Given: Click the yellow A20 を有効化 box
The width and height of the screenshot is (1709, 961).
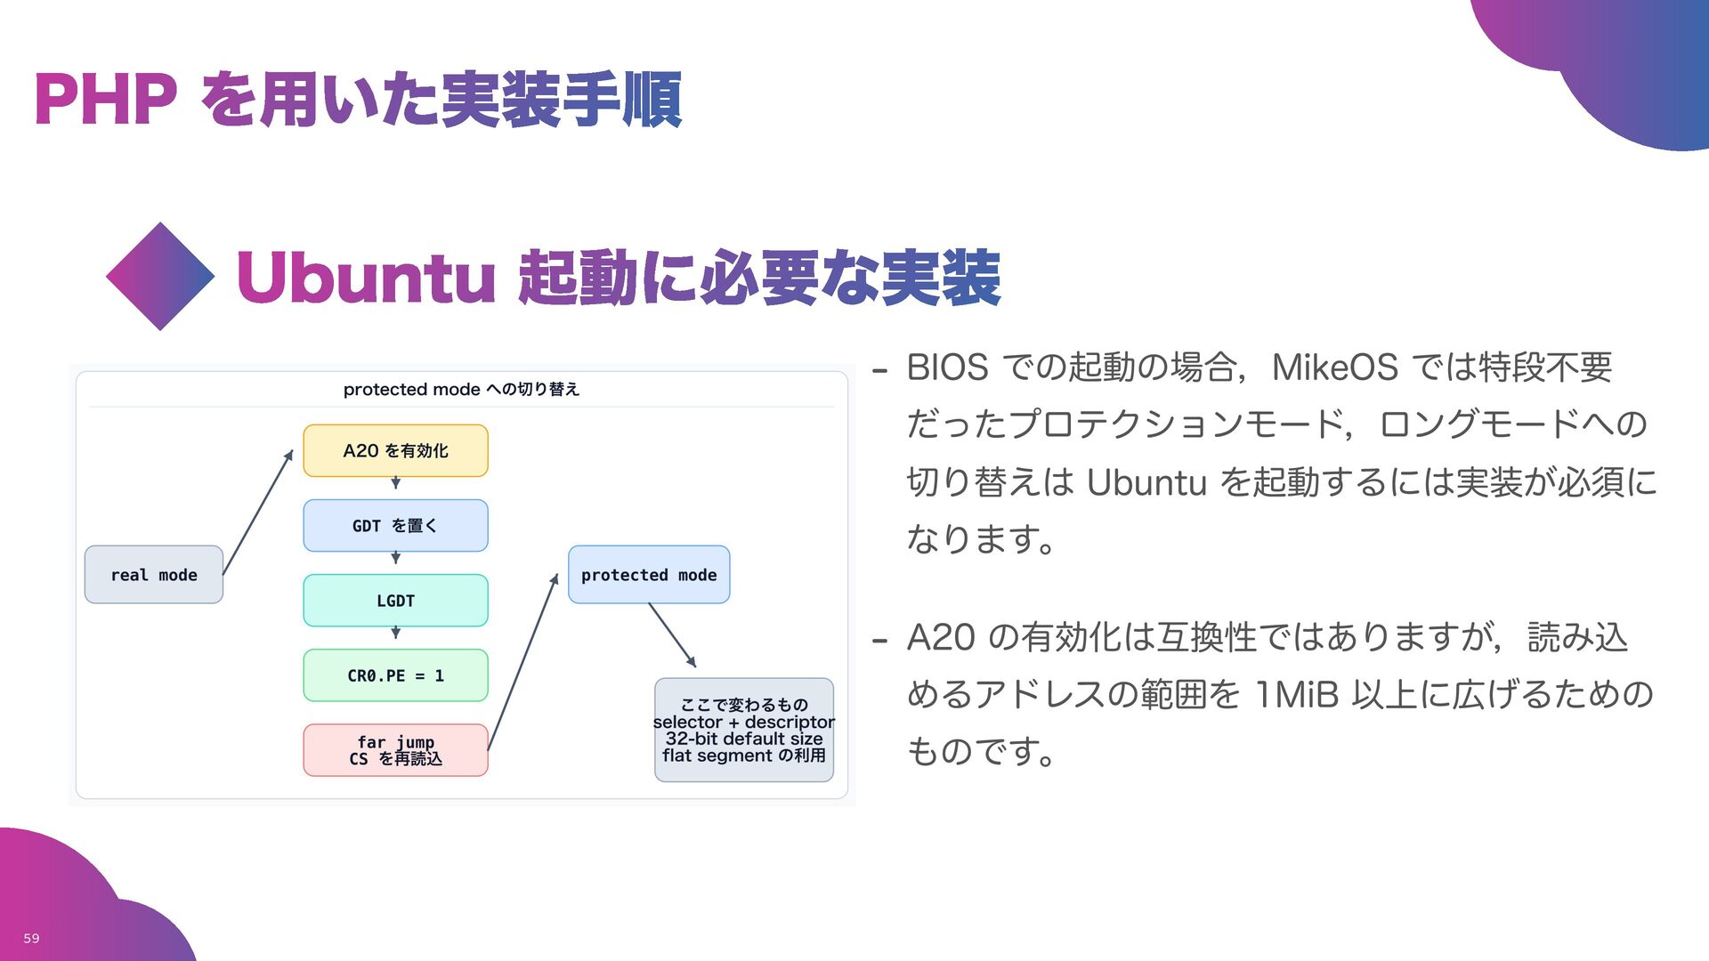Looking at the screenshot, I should [395, 450].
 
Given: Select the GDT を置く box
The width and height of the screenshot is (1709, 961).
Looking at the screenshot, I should [395, 525].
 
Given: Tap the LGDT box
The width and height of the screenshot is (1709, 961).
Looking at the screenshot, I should [395, 601].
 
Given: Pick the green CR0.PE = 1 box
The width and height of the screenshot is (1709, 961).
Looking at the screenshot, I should [395, 675].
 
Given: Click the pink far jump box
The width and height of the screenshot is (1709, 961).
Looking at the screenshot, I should [395, 750].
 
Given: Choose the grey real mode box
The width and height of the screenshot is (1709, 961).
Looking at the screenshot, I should [153, 575].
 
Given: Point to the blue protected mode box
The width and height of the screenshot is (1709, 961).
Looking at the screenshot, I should [649, 575].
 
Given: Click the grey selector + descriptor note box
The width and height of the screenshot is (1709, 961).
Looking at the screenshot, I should [744, 730].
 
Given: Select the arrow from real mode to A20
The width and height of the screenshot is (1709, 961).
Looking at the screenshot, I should [257, 513].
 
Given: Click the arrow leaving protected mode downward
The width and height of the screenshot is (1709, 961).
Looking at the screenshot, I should [672, 634].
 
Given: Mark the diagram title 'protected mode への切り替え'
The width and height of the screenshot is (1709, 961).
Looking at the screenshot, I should [461, 389].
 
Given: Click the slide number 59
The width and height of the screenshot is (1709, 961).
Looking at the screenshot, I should [31, 938].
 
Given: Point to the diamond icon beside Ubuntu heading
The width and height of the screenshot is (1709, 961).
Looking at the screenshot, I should [160, 277].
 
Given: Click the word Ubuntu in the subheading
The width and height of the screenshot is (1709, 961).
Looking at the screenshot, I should [365, 278].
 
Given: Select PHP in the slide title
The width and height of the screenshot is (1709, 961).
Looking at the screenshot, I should [105, 100].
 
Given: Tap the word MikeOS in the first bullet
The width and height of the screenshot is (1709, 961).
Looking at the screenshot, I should [1334, 367].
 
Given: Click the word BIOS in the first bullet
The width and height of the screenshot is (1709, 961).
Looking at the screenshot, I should [947, 367].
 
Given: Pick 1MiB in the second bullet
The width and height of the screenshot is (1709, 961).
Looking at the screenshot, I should [1296, 694].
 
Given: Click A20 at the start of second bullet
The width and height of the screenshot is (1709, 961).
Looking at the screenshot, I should [941, 637].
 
